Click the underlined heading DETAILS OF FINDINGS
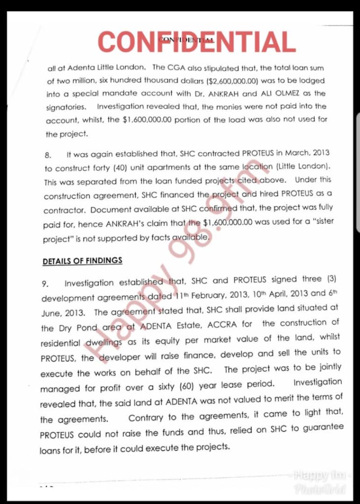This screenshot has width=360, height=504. click(x=82, y=261)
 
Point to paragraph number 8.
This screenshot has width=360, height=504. click(x=48, y=155)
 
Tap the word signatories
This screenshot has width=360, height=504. click(x=66, y=107)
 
